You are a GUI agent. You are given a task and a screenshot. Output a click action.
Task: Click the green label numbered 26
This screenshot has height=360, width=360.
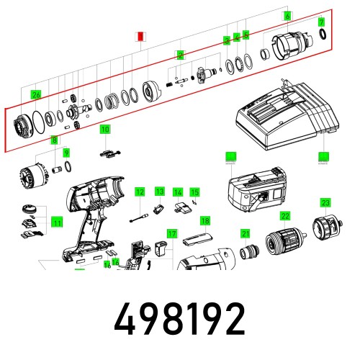click(36, 94)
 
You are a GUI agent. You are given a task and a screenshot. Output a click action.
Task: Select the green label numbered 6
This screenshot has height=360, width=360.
click(287, 16)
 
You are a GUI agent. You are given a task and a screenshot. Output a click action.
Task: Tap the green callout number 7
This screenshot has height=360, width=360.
click(322, 22)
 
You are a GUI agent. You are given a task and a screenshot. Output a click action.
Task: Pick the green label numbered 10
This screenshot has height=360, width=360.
click(105, 130)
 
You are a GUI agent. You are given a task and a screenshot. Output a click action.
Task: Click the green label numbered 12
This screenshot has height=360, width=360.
click(140, 192)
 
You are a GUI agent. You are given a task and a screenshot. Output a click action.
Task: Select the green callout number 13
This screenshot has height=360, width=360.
click(160, 191)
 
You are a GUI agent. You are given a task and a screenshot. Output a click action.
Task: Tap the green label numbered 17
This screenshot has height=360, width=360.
click(171, 234)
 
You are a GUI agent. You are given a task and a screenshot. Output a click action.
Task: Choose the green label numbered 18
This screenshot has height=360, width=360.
click(205, 220)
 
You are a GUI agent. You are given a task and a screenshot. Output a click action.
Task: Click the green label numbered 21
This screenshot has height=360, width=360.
click(246, 233)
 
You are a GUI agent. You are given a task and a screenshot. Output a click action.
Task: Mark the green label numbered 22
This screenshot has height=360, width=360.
click(285, 215)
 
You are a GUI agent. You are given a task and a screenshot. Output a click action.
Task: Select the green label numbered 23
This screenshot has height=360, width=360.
click(325, 202)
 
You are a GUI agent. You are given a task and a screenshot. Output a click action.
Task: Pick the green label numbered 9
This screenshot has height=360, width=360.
click(66, 153)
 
